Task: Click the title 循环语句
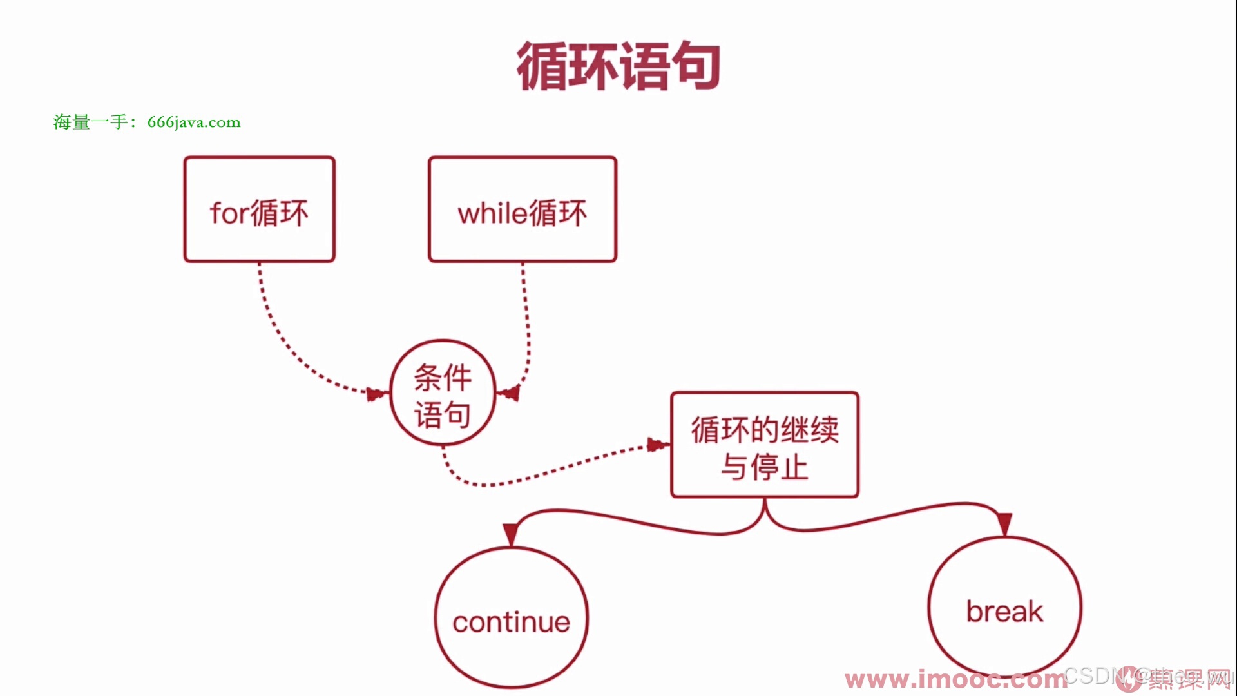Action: (x=618, y=66)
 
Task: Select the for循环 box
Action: (x=259, y=209)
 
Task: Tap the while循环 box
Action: (x=522, y=209)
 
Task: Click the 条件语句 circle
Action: (x=443, y=393)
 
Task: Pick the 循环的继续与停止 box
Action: (x=765, y=445)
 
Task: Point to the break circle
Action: (x=1004, y=607)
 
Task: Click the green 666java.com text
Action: (x=194, y=122)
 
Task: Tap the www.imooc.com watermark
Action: (x=954, y=680)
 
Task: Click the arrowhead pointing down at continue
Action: (x=511, y=534)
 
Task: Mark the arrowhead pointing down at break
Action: (x=1004, y=523)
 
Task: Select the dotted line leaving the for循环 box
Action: (x=271, y=322)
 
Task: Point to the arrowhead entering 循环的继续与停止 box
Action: (x=657, y=445)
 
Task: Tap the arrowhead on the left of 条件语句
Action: (x=376, y=393)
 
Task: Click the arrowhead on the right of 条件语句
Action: (x=510, y=392)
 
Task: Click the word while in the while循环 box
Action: (x=492, y=213)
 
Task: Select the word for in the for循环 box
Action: (x=229, y=213)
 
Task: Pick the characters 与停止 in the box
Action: (x=765, y=467)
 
